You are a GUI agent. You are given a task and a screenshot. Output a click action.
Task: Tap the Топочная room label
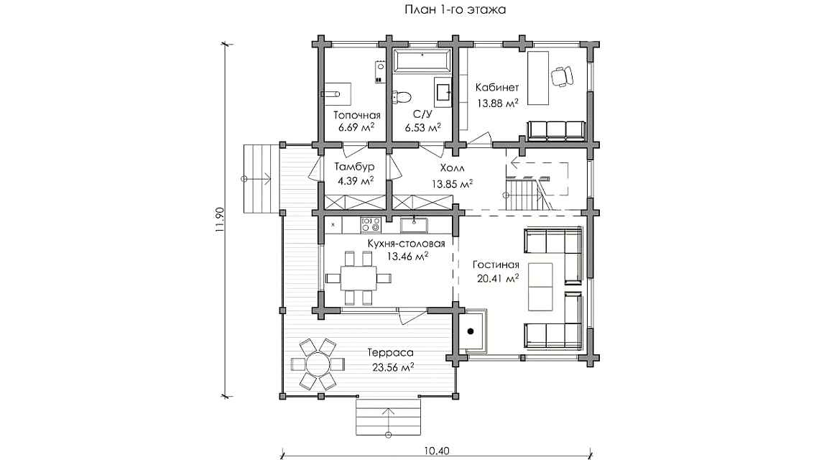(356, 115)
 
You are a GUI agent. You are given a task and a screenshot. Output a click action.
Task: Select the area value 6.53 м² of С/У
(422, 128)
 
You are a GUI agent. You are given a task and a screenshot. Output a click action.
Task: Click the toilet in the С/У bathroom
(402, 96)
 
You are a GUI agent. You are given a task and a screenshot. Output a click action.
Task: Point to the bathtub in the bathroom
(420, 62)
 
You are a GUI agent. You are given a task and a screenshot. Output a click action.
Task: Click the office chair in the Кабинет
(561, 75)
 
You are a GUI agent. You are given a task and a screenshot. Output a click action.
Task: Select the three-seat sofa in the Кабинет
(556, 130)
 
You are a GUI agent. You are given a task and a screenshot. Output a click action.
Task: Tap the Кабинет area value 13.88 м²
(498, 102)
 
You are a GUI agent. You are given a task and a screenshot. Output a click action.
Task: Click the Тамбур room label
(355, 167)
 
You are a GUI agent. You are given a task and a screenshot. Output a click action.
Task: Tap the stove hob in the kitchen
(370, 226)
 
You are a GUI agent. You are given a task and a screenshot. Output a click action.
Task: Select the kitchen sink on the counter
(415, 226)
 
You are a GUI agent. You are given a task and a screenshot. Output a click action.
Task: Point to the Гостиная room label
(496, 264)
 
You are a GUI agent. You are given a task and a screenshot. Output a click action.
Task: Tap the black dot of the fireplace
(471, 331)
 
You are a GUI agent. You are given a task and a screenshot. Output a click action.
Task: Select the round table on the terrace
(316, 364)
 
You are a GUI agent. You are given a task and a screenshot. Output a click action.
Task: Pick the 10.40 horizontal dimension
(437, 451)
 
